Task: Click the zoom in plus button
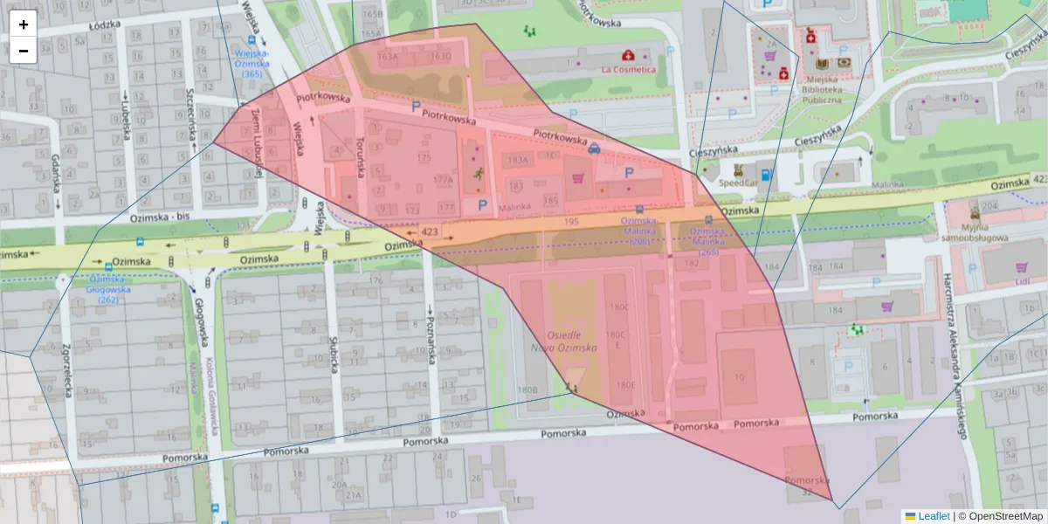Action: pos(24,24)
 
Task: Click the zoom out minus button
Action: pos(24,51)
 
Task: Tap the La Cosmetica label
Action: pos(629,69)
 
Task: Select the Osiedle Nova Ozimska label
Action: pos(571,341)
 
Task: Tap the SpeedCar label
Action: pos(739,184)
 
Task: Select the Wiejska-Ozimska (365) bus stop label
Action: pos(251,63)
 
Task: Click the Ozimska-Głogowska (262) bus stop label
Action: pos(107,289)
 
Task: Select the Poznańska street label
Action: pos(430,322)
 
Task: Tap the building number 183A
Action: pos(519,160)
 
